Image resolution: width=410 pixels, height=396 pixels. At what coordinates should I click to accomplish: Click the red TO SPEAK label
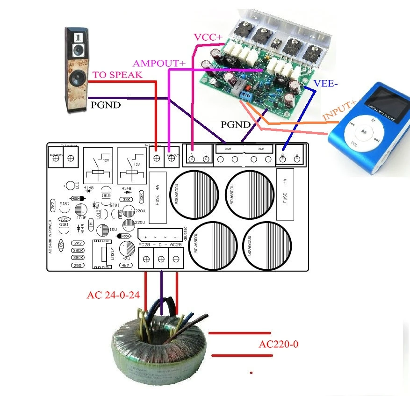point(117,75)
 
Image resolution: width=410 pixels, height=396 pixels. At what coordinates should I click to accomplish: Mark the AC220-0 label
point(278,345)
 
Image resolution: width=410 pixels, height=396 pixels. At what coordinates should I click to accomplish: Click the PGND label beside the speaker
point(105,105)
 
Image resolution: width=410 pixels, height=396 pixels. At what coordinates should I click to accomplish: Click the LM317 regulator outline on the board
point(102,254)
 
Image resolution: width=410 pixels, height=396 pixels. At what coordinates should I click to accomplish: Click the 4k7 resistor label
point(125,265)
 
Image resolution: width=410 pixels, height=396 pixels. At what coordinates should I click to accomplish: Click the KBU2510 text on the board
point(186,233)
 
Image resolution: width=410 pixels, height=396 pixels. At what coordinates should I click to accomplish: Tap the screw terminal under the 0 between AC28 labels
point(161,259)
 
